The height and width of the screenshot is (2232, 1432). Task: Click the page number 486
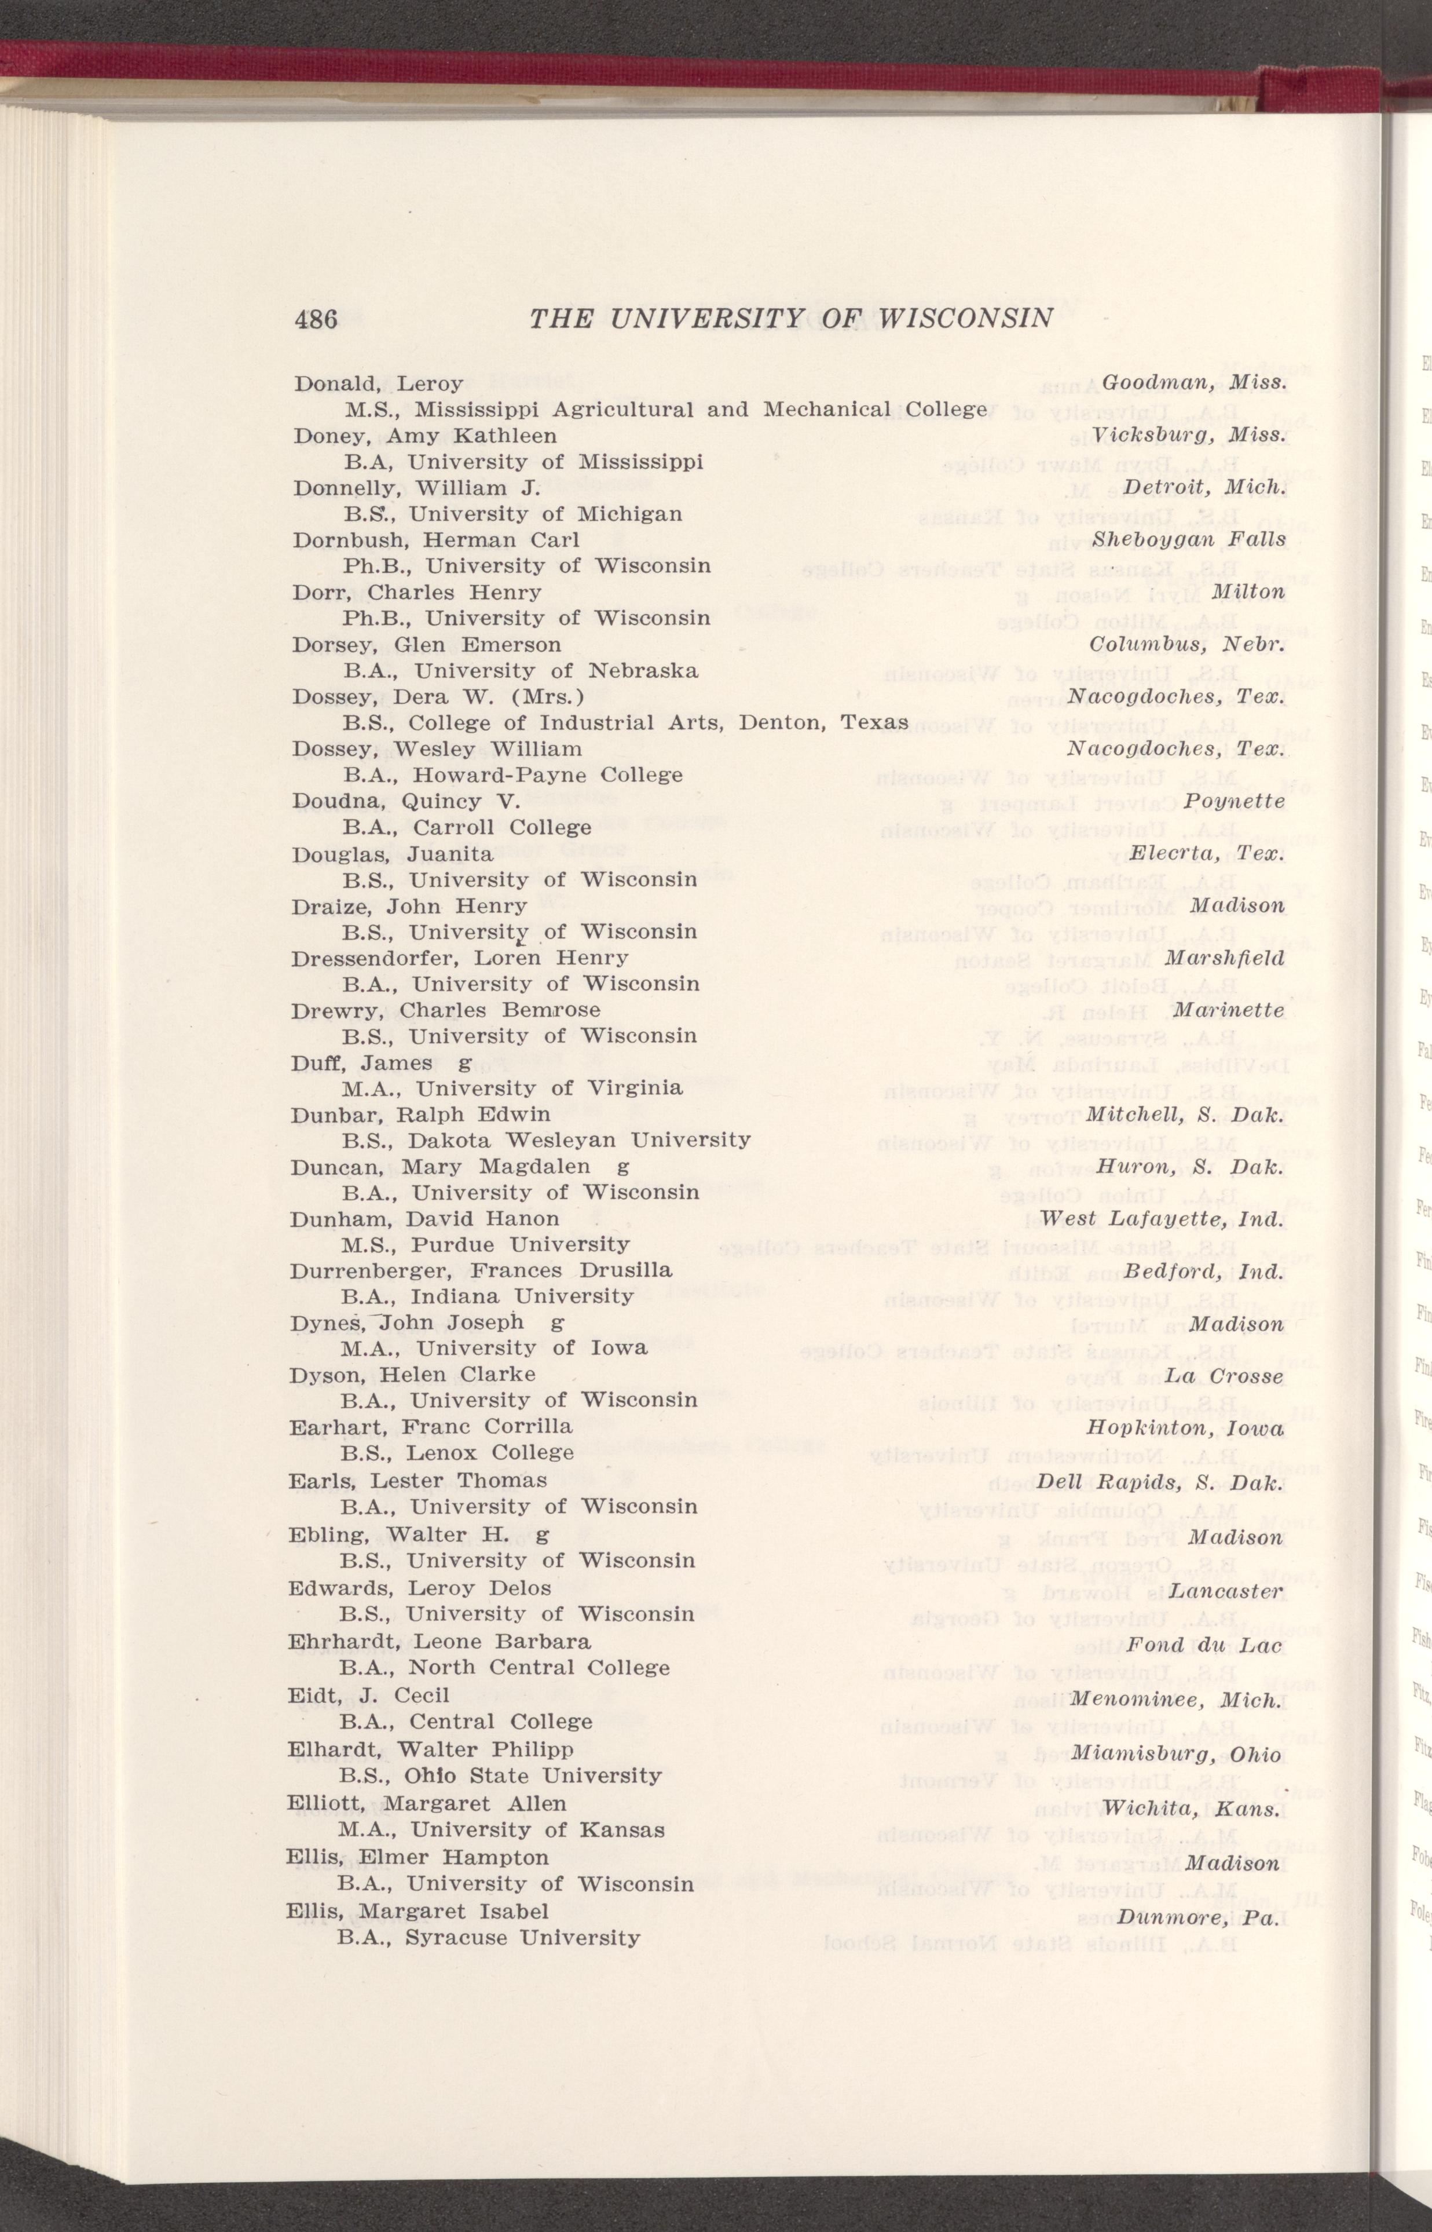[316, 319]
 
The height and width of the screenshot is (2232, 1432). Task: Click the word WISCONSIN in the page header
[967, 319]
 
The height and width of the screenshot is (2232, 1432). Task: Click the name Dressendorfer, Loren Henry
[459, 958]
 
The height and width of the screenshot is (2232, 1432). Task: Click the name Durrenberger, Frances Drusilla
[481, 1270]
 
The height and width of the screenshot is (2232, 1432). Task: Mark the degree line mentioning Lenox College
[456, 1453]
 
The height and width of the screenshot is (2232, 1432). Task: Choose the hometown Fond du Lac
[1204, 1646]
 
